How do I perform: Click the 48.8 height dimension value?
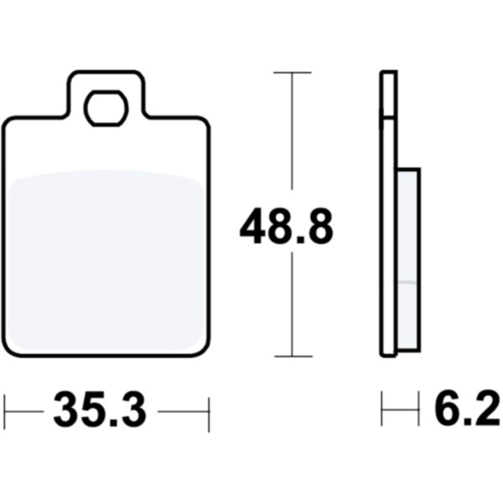(x=287, y=226)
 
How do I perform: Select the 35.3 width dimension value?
(x=101, y=410)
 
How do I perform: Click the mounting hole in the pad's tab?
(x=106, y=108)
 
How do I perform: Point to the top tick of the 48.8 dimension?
(x=293, y=73)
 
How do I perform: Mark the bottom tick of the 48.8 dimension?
(x=293, y=356)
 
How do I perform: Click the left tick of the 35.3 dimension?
(x=5, y=412)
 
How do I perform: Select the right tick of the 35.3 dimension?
(x=209, y=415)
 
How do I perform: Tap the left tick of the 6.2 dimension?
(x=381, y=408)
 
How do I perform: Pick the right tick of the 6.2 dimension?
(x=418, y=408)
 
